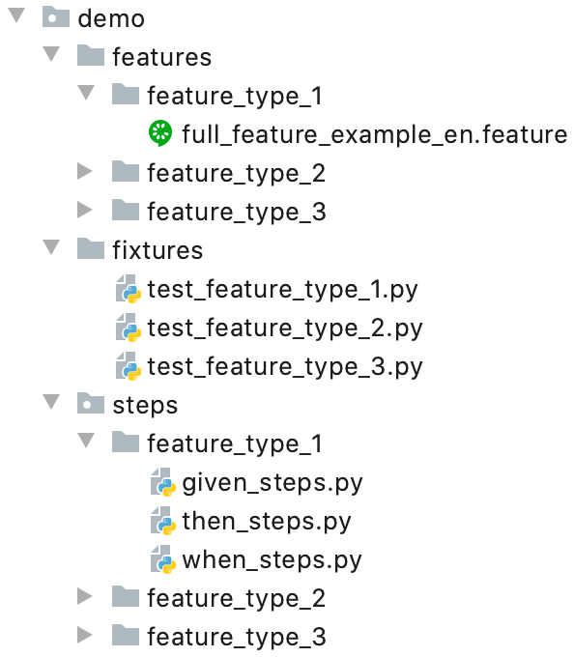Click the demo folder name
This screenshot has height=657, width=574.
(x=111, y=19)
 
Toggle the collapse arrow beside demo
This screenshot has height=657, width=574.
(x=16, y=15)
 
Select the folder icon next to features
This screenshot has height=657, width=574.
(x=91, y=55)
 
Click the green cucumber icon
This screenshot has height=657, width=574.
(x=160, y=133)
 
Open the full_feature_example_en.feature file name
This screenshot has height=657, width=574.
(x=375, y=134)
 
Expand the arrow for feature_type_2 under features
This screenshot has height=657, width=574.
(x=85, y=171)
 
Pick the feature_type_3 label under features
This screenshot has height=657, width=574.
(x=237, y=212)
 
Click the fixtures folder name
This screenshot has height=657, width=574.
(x=158, y=250)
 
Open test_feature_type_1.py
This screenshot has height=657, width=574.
(x=283, y=290)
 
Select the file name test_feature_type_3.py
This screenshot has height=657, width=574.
(x=285, y=367)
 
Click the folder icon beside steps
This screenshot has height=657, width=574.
(x=91, y=403)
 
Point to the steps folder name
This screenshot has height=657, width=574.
(x=145, y=406)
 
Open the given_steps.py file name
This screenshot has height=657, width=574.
(x=273, y=483)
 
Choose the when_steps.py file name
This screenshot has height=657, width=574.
(x=272, y=560)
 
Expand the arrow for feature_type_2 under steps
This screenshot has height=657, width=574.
(x=85, y=596)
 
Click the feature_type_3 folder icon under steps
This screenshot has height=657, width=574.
(x=126, y=635)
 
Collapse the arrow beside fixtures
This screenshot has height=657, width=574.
(x=51, y=247)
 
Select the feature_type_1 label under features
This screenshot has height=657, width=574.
(x=235, y=96)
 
